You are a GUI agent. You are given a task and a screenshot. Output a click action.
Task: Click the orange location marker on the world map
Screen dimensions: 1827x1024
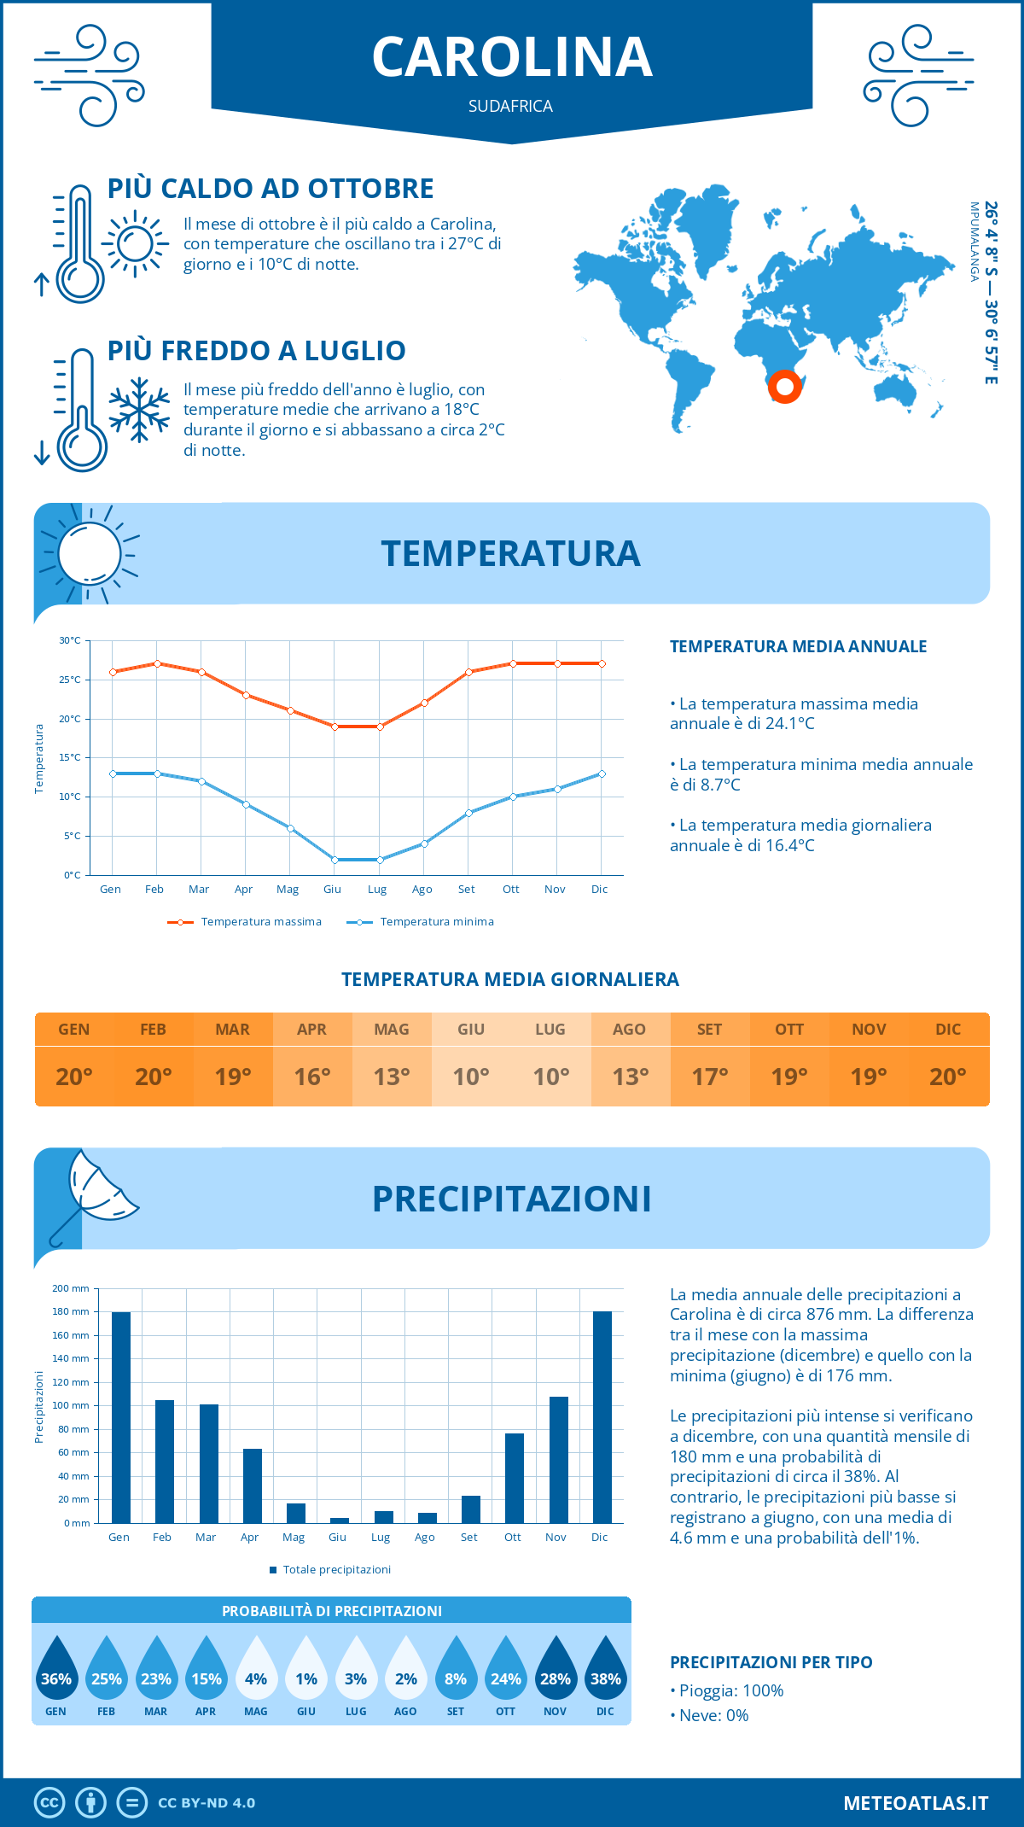(784, 387)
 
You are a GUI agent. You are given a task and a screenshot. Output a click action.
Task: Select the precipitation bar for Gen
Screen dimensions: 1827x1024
(121, 1417)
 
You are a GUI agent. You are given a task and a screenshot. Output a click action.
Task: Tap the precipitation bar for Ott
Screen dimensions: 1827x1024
(514, 1478)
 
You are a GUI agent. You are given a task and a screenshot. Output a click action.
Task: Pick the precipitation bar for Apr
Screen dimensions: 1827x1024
(252, 1486)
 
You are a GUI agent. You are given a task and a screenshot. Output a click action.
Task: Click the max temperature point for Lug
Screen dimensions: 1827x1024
(380, 727)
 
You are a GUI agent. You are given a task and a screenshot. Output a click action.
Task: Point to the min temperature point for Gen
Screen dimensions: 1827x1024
(113, 773)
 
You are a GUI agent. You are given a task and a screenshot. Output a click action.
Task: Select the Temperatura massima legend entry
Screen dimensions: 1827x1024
(245, 922)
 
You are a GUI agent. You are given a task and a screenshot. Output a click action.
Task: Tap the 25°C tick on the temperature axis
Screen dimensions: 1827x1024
(70, 680)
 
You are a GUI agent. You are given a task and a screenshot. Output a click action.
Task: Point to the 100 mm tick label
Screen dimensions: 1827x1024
(72, 1405)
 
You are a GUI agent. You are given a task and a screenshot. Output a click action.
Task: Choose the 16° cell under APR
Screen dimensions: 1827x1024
(312, 1077)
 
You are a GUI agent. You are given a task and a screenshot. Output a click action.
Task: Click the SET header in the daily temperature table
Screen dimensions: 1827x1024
(709, 1030)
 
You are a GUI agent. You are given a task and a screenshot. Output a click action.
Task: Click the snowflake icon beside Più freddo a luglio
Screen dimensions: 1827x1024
(139, 410)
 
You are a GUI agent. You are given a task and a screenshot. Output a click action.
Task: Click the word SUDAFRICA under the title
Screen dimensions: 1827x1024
(510, 106)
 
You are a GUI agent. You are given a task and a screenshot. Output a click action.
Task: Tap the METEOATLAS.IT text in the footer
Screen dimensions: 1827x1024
(916, 1803)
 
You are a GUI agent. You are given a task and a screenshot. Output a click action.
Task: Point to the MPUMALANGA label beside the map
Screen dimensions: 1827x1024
(974, 242)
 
